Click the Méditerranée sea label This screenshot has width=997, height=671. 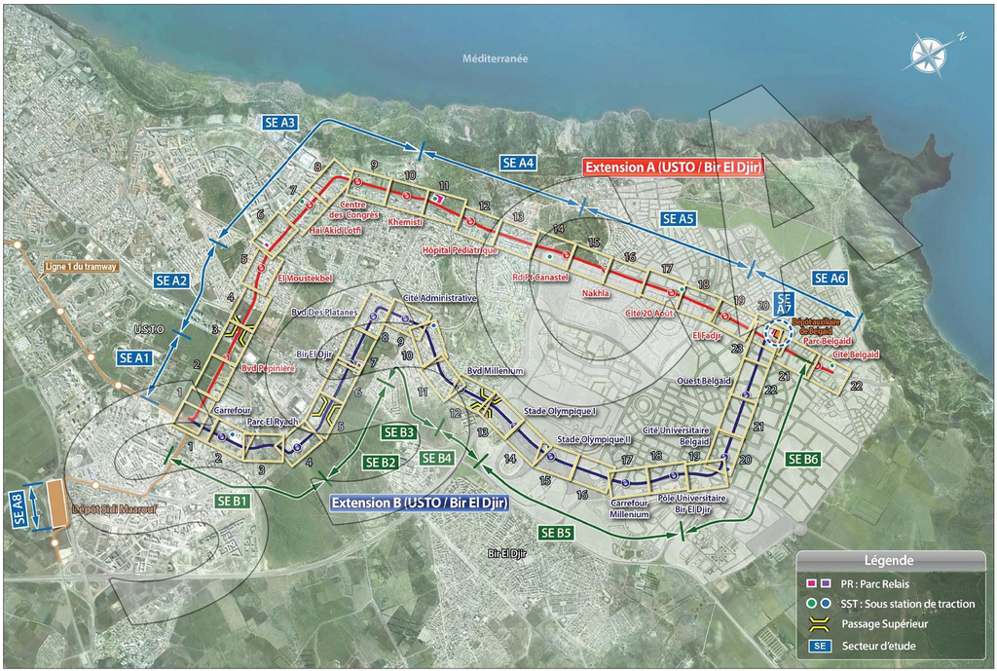[496, 58]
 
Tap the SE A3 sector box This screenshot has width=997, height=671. [280, 123]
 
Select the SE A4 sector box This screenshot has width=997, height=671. [518, 164]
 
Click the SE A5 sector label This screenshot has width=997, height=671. [679, 218]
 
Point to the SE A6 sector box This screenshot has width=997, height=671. [830, 279]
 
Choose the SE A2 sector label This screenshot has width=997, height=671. [171, 280]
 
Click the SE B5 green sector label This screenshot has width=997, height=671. [557, 532]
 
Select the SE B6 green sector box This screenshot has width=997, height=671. [804, 459]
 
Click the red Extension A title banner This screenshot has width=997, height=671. [673, 168]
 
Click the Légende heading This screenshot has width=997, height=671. [888, 561]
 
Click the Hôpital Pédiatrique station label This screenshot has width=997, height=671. [460, 250]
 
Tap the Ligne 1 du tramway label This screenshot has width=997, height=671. [81, 267]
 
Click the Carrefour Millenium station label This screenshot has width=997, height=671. [629, 508]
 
